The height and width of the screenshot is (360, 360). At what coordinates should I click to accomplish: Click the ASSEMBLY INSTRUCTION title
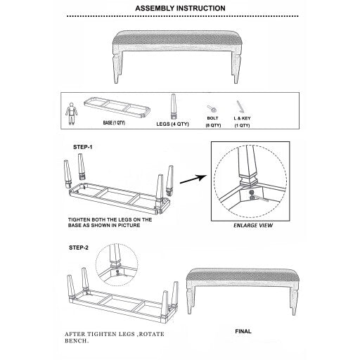pos(179,8)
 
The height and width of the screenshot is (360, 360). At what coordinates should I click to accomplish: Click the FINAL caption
pos(243,330)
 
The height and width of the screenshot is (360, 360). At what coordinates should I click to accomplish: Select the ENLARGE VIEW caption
pos(252,226)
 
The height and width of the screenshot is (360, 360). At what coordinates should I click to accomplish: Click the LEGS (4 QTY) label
pos(172,124)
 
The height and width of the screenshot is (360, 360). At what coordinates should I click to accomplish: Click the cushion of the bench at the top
pos(179,36)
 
